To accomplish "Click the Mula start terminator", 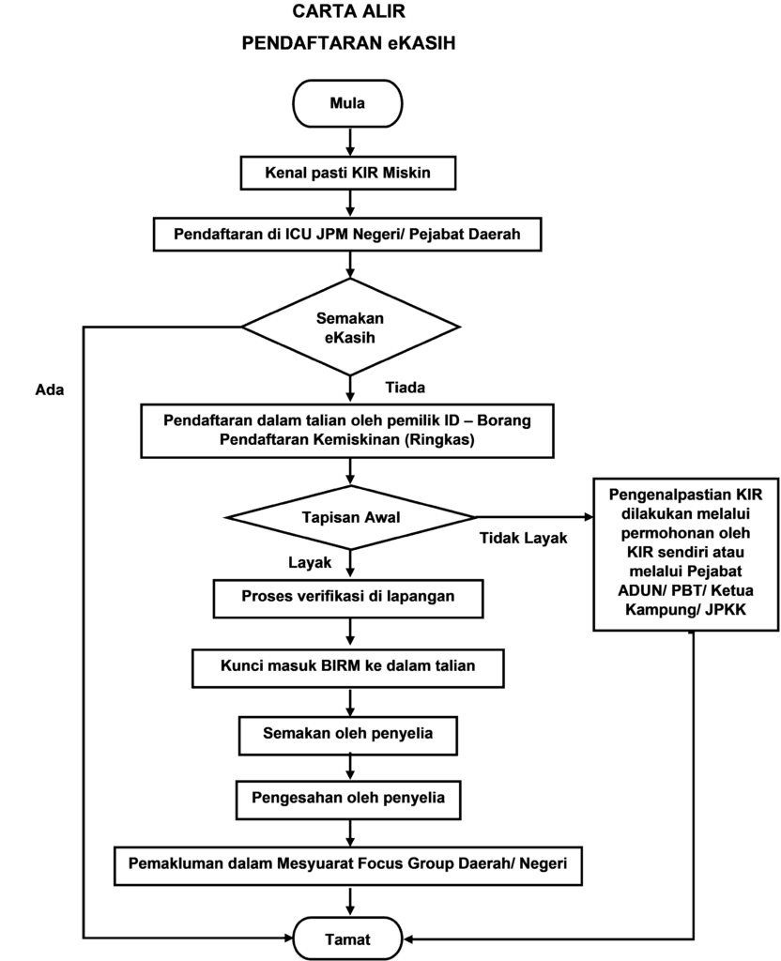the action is tap(347, 103).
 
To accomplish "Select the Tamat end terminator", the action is tap(347, 938).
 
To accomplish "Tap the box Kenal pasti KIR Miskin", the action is tap(347, 173).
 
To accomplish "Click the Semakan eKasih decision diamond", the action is tap(350, 328).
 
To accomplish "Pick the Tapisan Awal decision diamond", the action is tap(350, 518).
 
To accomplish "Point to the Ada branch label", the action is tap(50, 389).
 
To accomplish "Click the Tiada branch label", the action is tap(406, 388).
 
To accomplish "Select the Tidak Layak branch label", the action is tap(523, 538).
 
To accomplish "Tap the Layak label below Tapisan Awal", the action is tap(310, 563).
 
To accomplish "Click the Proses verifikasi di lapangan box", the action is tap(347, 598).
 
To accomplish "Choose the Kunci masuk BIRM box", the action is tap(347, 668).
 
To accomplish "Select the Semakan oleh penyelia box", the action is tap(347, 736).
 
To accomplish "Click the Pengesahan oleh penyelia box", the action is tap(347, 800).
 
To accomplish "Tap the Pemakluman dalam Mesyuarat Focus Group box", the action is tap(347, 866).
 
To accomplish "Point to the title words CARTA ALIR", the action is tap(348, 11).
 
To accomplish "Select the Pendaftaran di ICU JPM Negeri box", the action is tap(347, 234).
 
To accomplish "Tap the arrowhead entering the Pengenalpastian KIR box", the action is tap(590, 518).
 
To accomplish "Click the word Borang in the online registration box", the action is tap(504, 420).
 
